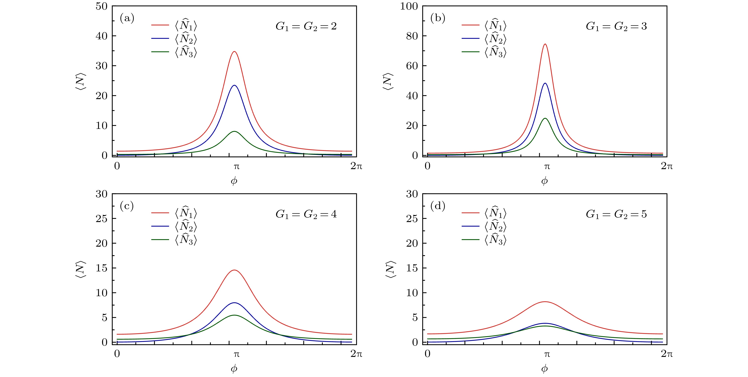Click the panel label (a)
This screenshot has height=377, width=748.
tap(127, 19)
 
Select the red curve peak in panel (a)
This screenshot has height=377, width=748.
tap(234, 52)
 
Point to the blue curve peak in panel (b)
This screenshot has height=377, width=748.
tap(545, 83)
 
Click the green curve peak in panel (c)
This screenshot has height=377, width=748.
tap(234, 315)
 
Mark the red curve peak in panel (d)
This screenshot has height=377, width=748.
tap(545, 302)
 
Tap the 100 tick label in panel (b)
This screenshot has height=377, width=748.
tap(409, 6)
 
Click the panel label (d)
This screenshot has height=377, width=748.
tap(438, 206)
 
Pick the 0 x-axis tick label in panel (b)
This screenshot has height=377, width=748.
tap(427, 166)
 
